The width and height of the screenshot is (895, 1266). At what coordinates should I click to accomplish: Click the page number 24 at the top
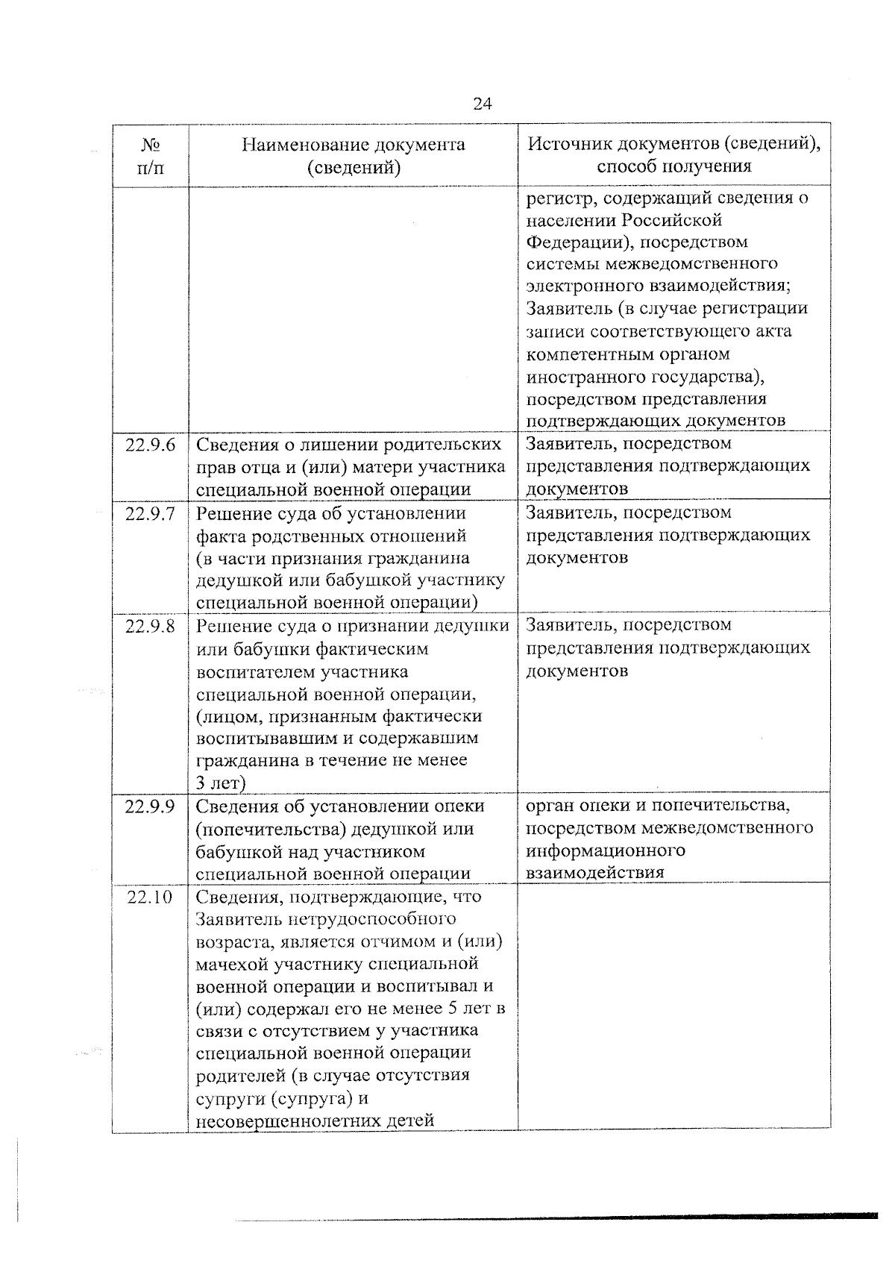tap(482, 103)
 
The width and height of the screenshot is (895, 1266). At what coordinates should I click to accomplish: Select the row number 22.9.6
tap(151, 445)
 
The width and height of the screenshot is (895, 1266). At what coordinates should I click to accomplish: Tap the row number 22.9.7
tap(151, 514)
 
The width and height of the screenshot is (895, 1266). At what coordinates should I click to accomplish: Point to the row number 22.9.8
tap(151, 626)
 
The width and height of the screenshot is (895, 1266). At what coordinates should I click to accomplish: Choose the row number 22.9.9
tap(151, 806)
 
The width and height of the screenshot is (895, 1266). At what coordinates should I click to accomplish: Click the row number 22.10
tap(150, 897)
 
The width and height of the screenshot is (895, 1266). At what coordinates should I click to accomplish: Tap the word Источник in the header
tap(568, 143)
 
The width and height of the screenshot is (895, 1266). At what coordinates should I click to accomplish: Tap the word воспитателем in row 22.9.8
tap(255, 671)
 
